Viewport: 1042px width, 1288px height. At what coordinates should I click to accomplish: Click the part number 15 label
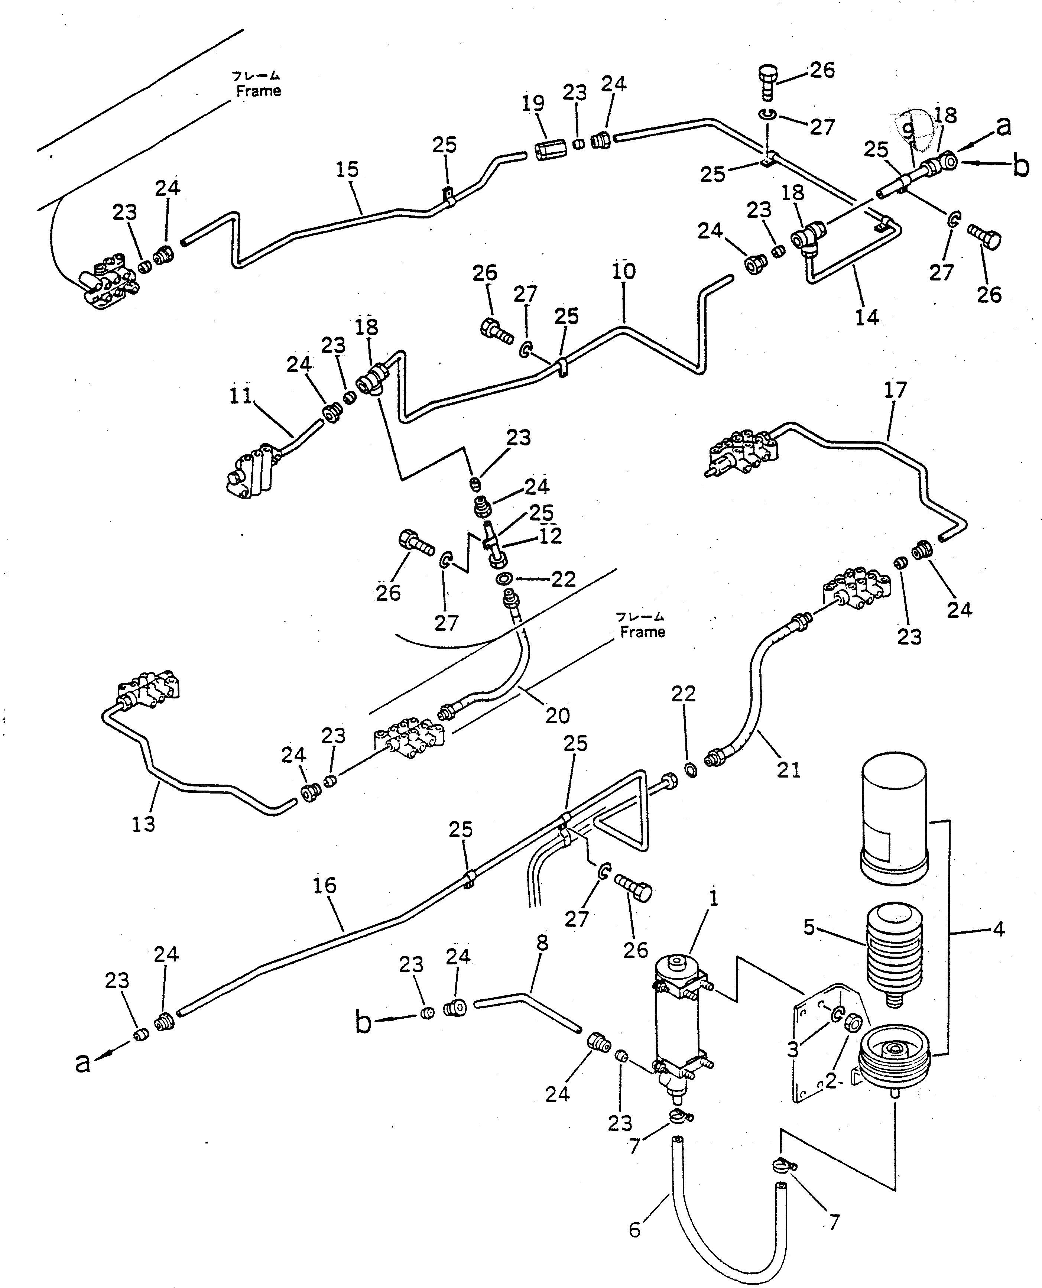(x=347, y=170)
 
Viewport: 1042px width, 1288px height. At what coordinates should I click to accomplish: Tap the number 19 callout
(x=532, y=103)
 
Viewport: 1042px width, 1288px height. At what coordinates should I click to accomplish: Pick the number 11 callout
(x=241, y=396)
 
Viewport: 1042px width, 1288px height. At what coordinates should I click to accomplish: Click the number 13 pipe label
(x=143, y=824)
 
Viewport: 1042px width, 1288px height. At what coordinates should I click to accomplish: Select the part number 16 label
(x=324, y=885)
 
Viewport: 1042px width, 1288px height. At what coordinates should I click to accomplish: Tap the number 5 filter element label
(x=809, y=927)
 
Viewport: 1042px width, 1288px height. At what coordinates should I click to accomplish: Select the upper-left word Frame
(x=258, y=91)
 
